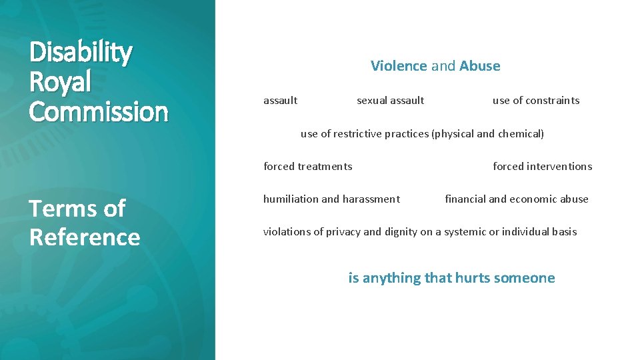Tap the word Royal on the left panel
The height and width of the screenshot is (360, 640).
60,83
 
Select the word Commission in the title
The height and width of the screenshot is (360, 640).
98,111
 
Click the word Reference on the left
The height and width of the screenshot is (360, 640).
85,237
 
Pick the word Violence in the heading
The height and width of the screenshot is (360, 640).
399,66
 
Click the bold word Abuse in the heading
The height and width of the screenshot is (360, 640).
479,66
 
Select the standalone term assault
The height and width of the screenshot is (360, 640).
280,101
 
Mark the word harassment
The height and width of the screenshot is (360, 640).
371,199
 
